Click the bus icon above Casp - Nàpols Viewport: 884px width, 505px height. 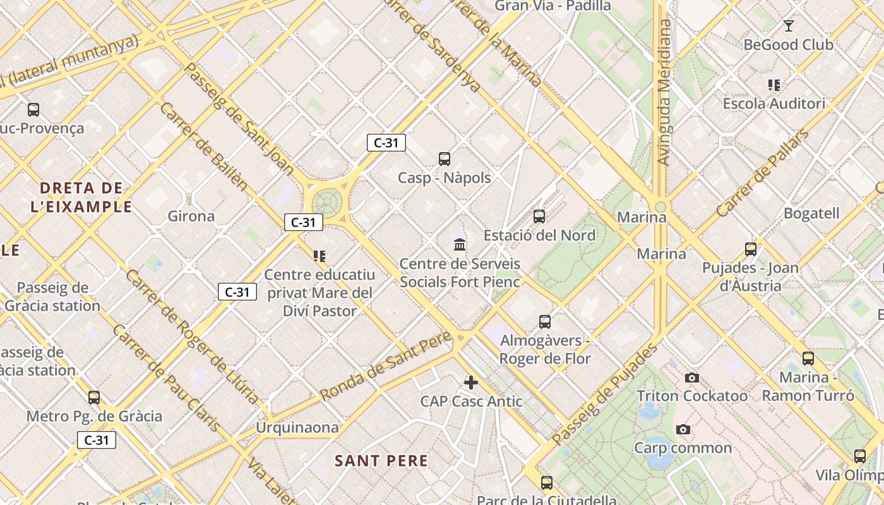[x=445, y=159]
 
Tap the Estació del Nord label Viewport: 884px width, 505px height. [x=539, y=235]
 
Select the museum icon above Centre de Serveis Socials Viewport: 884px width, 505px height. [x=460, y=244]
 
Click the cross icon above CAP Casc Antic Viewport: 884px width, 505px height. [x=471, y=383]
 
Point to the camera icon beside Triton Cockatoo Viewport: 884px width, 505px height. [x=692, y=377]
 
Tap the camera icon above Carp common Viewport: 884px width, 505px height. [x=683, y=430]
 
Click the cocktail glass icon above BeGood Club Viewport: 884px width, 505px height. [x=788, y=26]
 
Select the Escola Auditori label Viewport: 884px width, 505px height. [x=773, y=104]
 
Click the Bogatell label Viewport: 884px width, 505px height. [x=811, y=213]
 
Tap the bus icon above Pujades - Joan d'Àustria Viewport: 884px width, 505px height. [x=750, y=249]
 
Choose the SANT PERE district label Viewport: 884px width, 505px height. [x=381, y=461]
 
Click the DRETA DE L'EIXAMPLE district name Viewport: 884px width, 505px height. [x=81, y=197]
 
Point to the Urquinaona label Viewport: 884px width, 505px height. [x=297, y=428]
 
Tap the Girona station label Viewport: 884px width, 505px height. [x=191, y=217]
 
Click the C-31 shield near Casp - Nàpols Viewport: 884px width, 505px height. [x=386, y=143]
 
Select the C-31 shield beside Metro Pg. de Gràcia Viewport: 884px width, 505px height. [x=97, y=440]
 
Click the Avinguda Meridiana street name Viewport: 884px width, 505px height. [x=664, y=93]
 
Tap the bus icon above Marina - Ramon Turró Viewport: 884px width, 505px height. [x=808, y=359]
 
